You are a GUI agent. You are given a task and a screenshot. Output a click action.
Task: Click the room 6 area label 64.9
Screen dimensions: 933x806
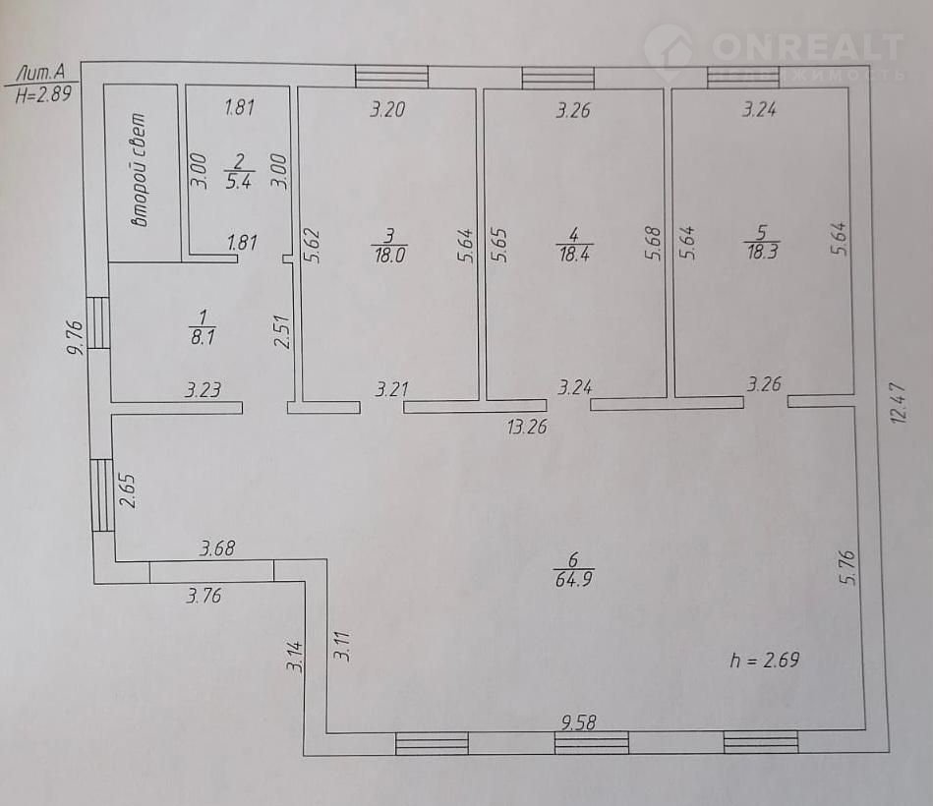[573, 579]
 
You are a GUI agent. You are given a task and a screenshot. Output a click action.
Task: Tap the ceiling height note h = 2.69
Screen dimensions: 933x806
[765, 660]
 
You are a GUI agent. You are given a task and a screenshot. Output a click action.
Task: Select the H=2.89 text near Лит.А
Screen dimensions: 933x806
[43, 94]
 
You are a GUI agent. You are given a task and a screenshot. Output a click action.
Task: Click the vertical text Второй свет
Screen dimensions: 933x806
[140, 170]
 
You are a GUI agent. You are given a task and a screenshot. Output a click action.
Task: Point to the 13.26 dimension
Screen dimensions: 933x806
[527, 427]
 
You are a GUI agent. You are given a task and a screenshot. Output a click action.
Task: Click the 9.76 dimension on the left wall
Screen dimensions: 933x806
[76, 338]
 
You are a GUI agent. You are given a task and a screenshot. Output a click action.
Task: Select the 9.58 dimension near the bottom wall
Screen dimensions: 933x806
[579, 722]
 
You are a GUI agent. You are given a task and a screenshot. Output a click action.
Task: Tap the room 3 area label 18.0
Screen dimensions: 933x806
[389, 256]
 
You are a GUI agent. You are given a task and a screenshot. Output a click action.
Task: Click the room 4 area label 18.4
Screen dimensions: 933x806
[573, 254]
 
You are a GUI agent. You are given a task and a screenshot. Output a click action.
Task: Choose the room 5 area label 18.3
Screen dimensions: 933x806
[762, 251]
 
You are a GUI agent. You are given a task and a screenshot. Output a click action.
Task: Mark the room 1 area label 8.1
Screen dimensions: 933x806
[203, 337]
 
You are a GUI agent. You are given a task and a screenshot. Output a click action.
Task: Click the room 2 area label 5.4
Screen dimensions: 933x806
[239, 181]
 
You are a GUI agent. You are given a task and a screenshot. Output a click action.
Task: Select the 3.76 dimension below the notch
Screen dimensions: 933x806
[204, 596]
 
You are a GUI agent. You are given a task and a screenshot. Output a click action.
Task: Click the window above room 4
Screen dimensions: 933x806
[558, 79]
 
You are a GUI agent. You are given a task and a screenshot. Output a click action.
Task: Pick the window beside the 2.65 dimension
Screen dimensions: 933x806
[102, 494]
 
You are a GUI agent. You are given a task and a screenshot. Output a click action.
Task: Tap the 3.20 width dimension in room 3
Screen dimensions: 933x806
[388, 109]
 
